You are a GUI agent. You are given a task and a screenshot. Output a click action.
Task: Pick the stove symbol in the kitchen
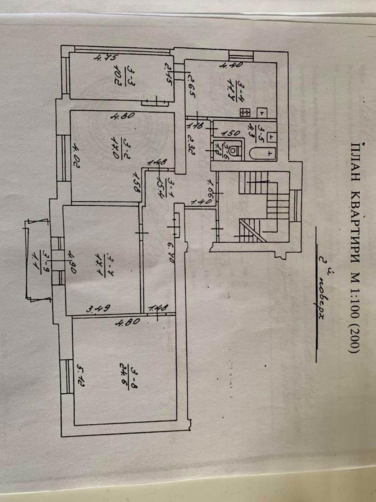tap(244, 112)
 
